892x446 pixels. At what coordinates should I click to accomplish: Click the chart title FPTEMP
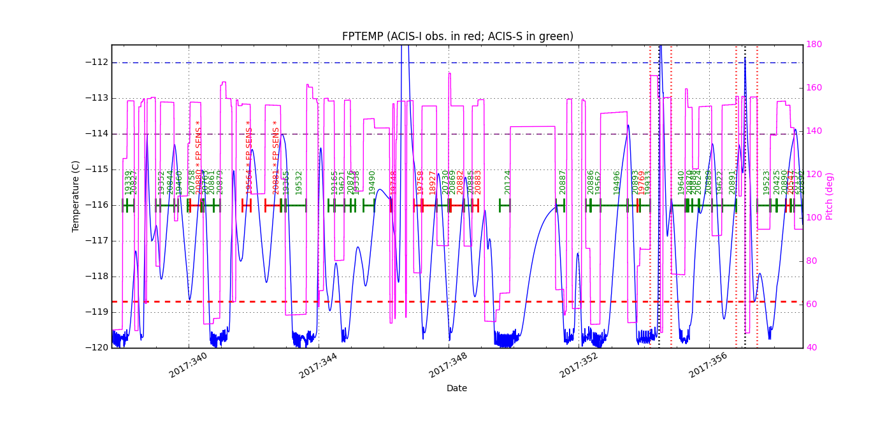pos(457,36)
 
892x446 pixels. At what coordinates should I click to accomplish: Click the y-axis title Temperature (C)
pos(76,196)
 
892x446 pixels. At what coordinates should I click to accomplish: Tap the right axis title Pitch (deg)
pos(830,196)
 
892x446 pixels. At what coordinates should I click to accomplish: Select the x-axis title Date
pos(456,388)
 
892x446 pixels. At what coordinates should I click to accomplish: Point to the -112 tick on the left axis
pos(96,62)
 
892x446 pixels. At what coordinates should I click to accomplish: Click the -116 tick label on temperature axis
pos(96,205)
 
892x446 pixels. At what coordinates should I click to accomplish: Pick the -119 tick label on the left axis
pos(96,312)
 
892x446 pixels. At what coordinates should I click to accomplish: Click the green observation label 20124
pos(508,182)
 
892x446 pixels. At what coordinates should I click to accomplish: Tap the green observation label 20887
pos(563,182)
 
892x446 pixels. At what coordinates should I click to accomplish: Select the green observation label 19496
pos(617,182)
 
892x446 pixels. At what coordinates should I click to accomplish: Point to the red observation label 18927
pos(433,182)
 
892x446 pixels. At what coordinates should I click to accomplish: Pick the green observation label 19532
pos(299,182)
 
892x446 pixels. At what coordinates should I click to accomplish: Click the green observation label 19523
pos(766,182)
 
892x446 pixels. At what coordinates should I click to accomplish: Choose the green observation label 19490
pos(372,182)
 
